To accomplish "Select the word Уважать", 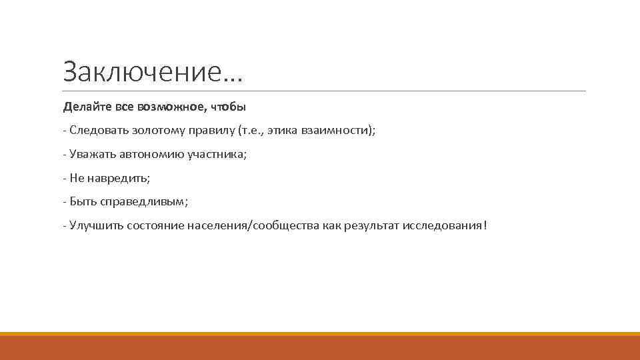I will tap(93, 155).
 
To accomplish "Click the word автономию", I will tap(151, 155).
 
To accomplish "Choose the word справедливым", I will tap(145, 202).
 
